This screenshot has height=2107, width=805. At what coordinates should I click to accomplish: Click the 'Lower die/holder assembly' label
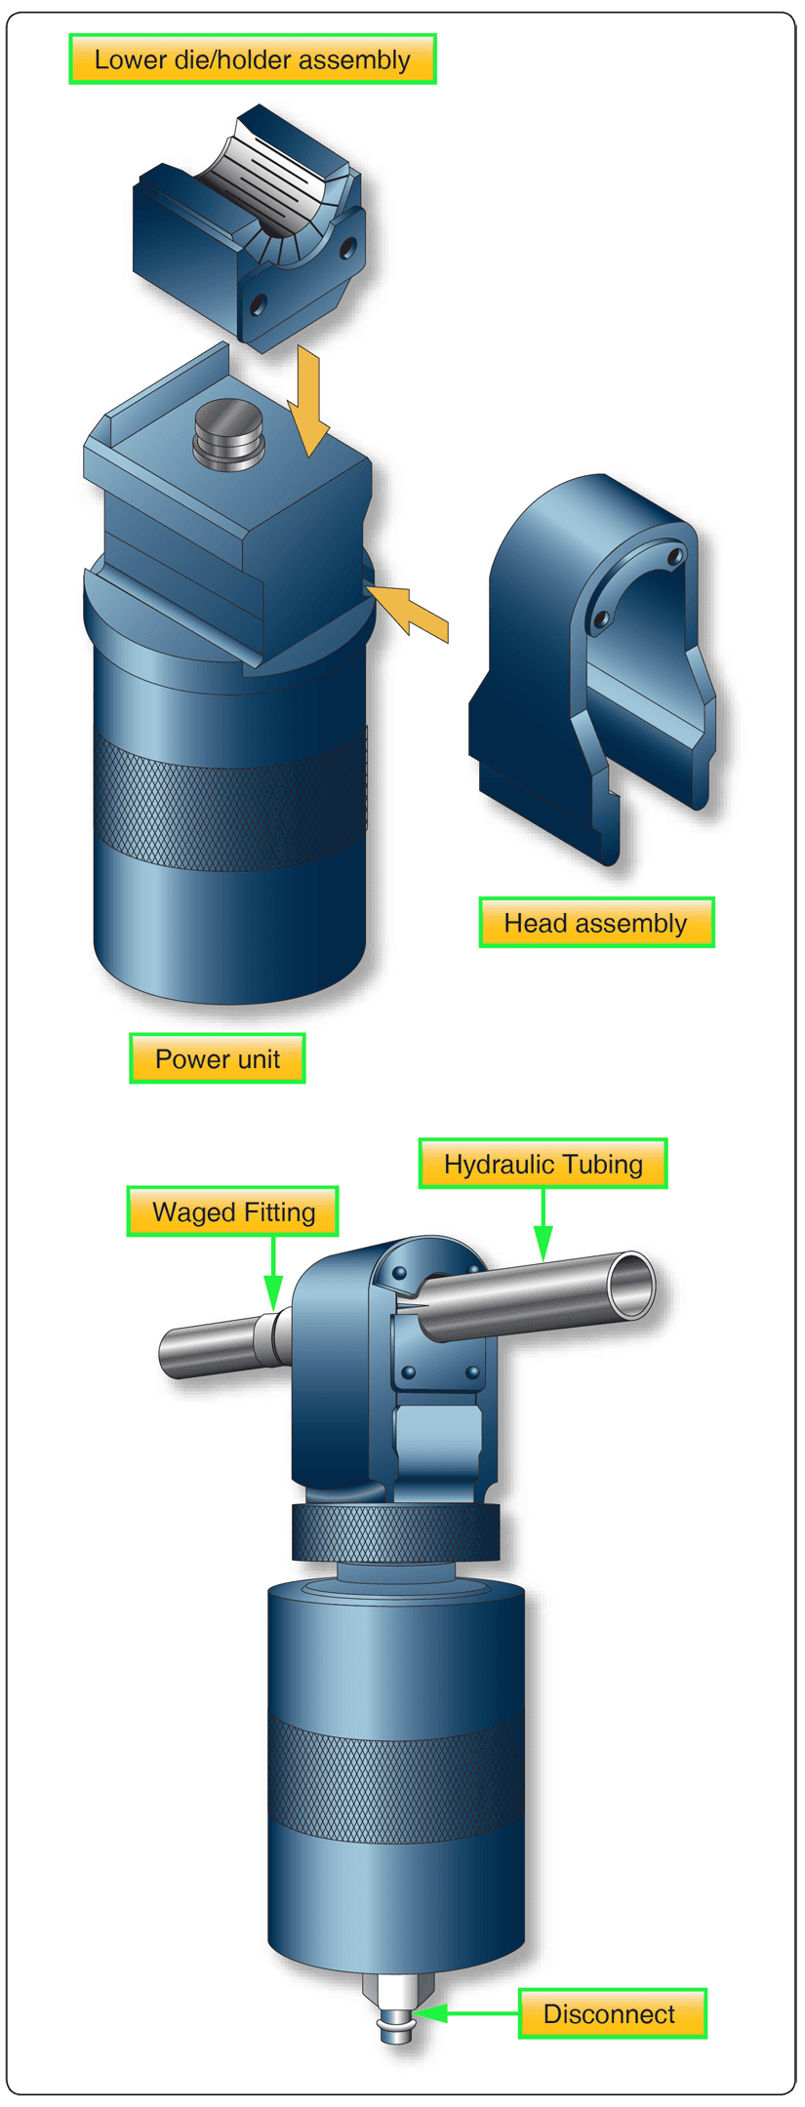pos(252,60)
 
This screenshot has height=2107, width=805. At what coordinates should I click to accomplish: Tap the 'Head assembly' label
pos(596,923)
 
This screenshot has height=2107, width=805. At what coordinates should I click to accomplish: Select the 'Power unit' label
pos(217,1058)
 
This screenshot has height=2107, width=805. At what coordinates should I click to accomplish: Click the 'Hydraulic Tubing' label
pos(543,1164)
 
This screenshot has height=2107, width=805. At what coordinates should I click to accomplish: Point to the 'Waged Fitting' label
pos(232,1212)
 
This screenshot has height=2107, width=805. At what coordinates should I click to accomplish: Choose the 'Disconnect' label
pos(611,2013)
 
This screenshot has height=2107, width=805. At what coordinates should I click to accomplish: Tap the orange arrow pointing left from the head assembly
pos(410,610)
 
